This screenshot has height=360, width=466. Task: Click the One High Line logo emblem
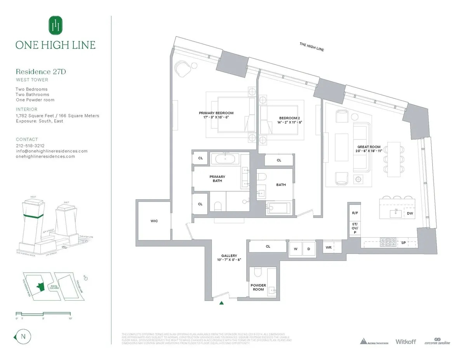(55, 26)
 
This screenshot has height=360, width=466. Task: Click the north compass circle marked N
(23, 336)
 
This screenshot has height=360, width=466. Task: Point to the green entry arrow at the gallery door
(221, 303)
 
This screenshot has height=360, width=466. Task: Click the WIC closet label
(154, 221)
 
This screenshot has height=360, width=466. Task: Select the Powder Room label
(258, 287)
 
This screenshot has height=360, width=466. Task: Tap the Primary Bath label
(217, 179)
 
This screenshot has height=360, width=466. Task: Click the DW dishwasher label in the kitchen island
(410, 213)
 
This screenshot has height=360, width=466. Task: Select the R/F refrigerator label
(355, 213)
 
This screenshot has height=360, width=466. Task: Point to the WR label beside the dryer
(329, 247)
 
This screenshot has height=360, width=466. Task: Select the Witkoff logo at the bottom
(405, 341)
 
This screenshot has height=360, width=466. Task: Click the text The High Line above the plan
(311, 47)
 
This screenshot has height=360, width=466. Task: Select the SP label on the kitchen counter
(403, 243)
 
